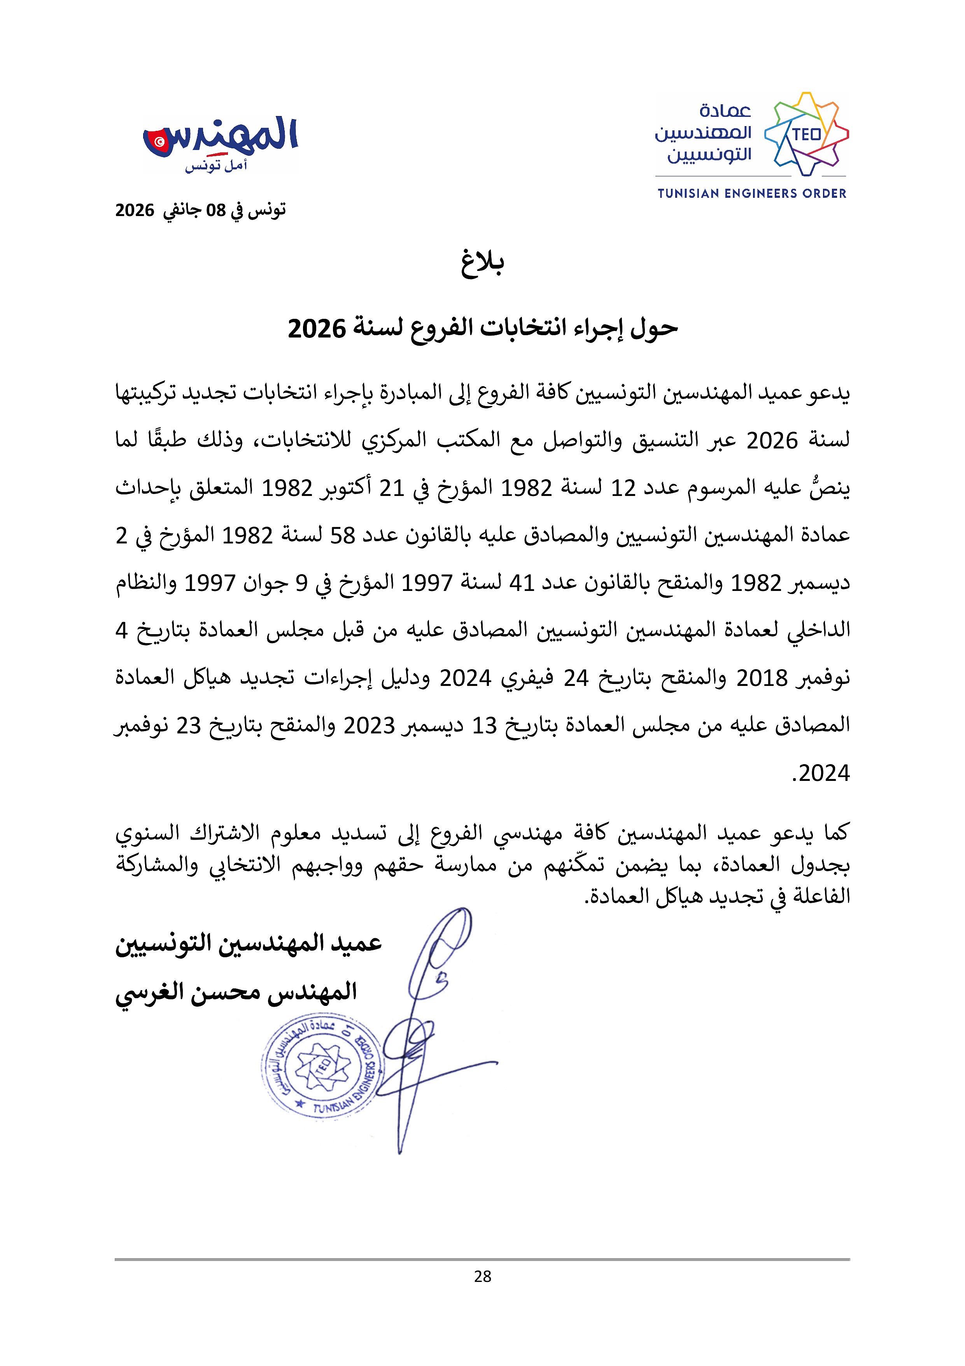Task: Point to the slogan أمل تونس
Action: pos(216,166)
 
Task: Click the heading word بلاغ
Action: pos(482,265)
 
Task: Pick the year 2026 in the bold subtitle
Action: pos(317,329)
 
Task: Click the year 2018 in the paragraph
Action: pos(762,678)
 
